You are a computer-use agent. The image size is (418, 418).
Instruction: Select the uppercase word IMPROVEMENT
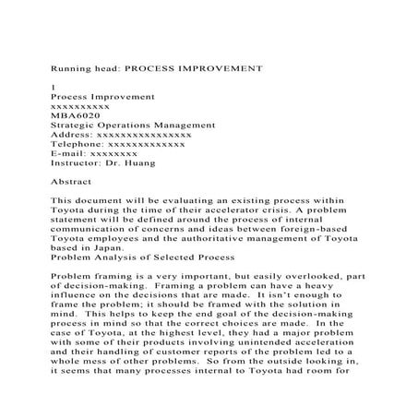(224, 68)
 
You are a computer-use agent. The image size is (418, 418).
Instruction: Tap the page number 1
(53, 87)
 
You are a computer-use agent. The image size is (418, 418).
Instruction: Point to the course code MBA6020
(72, 115)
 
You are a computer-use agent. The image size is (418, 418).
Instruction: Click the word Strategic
(76, 125)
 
